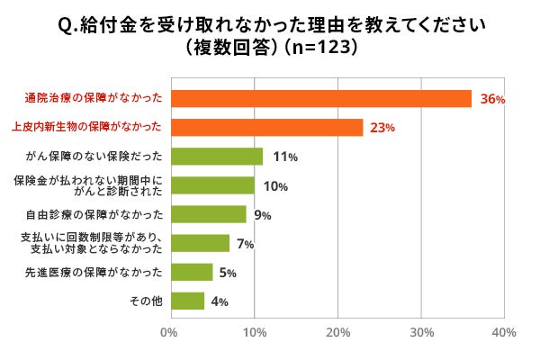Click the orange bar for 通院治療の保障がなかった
tap(320, 99)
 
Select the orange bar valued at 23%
tap(266, 128)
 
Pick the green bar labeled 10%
tap(211, 185)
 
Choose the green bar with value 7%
tap(199, 243)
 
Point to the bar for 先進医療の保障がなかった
tap(191, 272)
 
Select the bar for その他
tap(186, 301)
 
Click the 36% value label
tap(492, 100)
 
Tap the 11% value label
tap(285, 157)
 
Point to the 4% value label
tap(218, 301)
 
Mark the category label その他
tap(147, 301)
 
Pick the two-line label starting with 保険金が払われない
tap(88, 185)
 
